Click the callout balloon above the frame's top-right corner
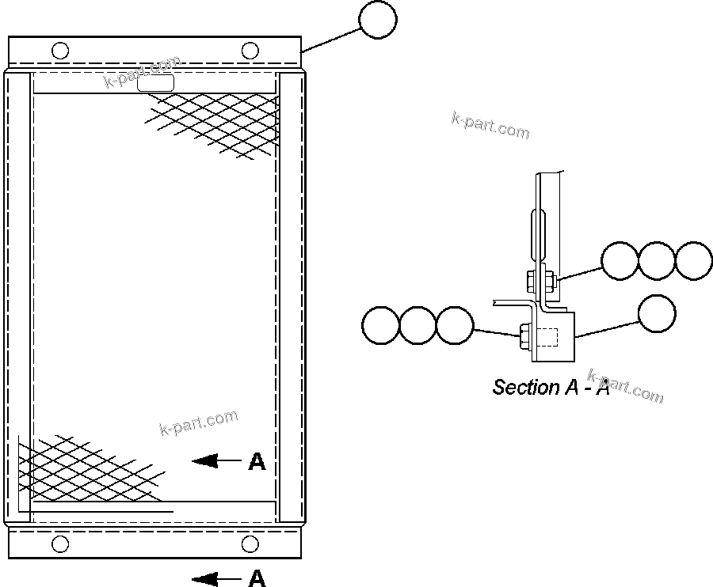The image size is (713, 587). coord(378,20)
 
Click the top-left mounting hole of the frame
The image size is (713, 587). coord(60,51)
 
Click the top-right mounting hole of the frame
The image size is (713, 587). coord(250,51)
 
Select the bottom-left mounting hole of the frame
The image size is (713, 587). coord(60,543)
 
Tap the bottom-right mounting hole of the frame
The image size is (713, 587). coord(250,543)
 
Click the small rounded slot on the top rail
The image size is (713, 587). coord(156,82)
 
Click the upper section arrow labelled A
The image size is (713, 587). coord(215,460)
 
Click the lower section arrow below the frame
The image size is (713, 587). coord(215,579)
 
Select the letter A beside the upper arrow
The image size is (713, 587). coord(257,462)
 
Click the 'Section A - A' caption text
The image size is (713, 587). coord(551,388)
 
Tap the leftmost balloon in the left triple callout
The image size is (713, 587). coord(380,325)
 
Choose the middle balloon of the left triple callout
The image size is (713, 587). coord(418,325)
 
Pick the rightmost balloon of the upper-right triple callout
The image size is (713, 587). coord(694,260)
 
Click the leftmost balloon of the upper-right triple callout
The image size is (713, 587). coord(620,260)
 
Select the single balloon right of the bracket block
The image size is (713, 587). coord(657,313)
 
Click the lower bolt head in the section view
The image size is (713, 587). coord(524,337)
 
